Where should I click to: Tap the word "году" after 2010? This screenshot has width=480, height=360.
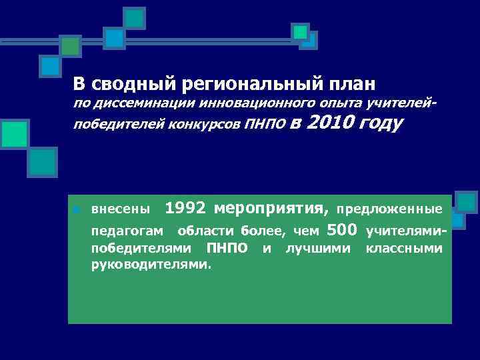pos(381,123)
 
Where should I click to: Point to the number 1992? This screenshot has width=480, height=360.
pos(186,208)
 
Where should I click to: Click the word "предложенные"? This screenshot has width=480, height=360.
pos(389,210)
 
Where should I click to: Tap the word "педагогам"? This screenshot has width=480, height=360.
pos(124,232)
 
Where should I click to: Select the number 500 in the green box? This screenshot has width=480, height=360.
pos(343,231)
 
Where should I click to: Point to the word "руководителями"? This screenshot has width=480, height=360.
pos(151,264)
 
